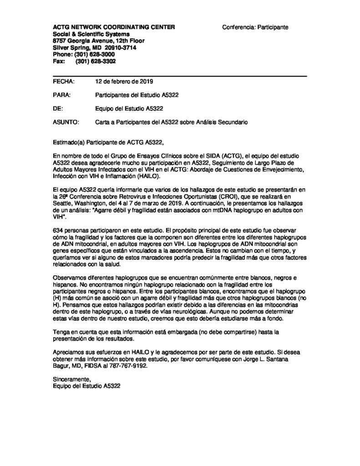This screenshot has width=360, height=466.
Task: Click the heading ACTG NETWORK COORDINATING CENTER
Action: click(x=114, y=28)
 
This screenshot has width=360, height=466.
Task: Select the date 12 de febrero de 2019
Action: click(x=124, y=82)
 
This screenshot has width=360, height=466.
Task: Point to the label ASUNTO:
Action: click(x=66, y=122)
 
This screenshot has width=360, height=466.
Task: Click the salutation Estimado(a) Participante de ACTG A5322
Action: click(x=107, y=142)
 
